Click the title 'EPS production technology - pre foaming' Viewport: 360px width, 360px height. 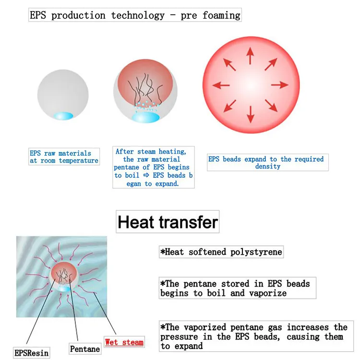pos(135,15)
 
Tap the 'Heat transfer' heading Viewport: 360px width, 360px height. pos(168,222)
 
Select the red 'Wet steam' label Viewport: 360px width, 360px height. pos(124,342)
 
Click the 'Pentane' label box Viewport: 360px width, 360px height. pos(85,349)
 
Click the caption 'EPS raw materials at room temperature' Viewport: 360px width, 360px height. pos(64,157)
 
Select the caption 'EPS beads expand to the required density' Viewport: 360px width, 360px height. pos(268,163)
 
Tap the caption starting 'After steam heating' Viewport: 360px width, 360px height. pos(153,168)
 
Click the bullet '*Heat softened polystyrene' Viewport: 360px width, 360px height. pos(221,252)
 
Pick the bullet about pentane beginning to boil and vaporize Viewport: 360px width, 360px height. pos(235,288)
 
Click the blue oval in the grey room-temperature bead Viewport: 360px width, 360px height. pos(63,116)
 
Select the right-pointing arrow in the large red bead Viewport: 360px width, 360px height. pos(279,85)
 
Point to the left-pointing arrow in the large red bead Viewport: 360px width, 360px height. pos(221,85)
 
